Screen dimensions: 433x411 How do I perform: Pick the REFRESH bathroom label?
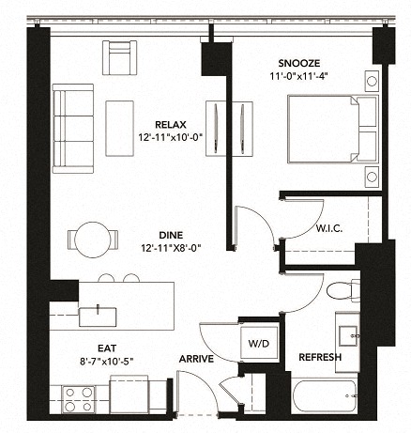point(319,358)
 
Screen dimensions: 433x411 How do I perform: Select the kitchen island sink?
point(98,314)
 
